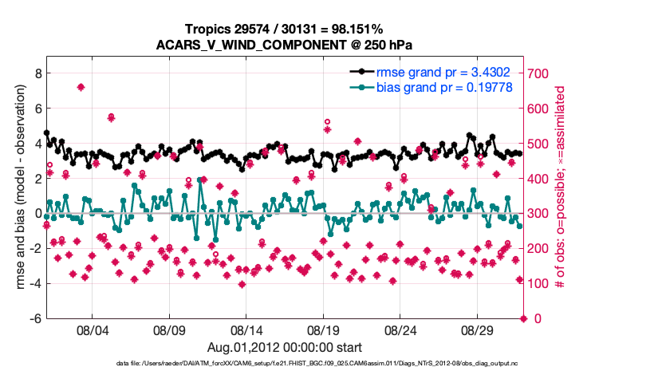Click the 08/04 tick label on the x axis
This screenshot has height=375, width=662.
coord(91,330)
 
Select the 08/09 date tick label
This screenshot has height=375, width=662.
coord(168,330)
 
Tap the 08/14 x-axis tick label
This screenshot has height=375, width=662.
coord(246,330)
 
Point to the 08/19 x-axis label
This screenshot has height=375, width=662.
coord(323,330)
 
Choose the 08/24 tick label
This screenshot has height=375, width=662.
coord(400,330)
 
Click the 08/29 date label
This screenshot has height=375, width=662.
coord(478,330)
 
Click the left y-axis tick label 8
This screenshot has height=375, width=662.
coord(37,73)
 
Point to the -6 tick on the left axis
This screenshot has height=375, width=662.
coord(35,318)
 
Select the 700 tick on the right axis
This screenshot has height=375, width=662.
coord(541,73)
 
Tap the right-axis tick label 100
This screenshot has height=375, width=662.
coord(541,283)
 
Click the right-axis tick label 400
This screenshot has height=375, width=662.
coord(541,178)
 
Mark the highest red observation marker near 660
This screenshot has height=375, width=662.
coord(81,87)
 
